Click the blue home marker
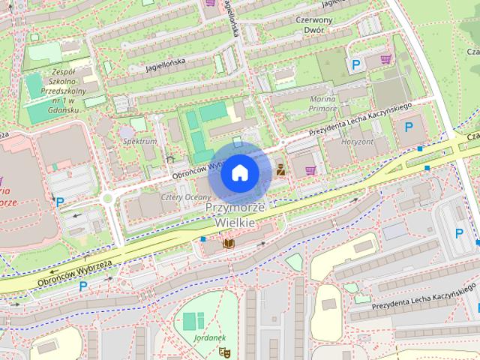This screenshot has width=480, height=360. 239,173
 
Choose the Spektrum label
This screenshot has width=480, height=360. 139,141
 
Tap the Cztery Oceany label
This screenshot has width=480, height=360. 165,196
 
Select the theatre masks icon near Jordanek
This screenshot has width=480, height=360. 223,351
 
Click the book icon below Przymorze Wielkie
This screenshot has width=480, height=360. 229,244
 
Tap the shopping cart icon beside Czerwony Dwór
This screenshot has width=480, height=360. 385,59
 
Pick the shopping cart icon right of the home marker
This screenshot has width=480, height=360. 310,170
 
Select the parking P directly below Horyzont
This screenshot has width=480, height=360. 409,127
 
